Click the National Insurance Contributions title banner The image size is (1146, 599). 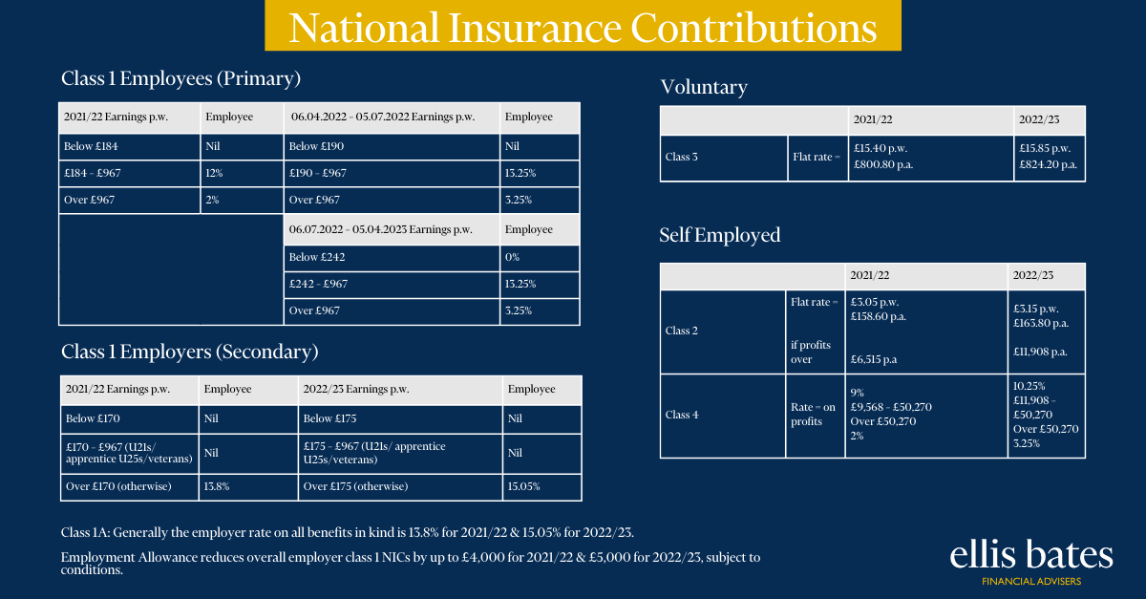pos(583,26)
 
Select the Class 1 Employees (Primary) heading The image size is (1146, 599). pos(180,78)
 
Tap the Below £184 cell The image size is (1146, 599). pos(130,147)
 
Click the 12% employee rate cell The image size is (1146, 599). pos(242,174)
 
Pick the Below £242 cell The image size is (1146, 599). pos(392,258)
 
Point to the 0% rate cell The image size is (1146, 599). pos(540,258)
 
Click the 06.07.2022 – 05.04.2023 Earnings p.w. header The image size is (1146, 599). pos(392,229)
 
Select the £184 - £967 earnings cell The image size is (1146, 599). pos(130,174)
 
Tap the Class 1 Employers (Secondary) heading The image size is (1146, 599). pos(190,352)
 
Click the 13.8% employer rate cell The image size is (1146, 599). pos(248,487)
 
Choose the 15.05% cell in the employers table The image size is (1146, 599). pos(541,487)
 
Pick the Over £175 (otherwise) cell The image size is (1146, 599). pos(400,487)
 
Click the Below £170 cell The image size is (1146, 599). pos(130,418)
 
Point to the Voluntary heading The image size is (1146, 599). pos(704,87)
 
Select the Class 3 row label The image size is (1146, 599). pos(681,158)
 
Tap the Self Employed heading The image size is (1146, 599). pos(720,235)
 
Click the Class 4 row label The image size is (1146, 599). pos(682,416)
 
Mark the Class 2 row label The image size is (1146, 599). pos(681,332)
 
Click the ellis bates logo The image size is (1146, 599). pos(1030,562)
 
